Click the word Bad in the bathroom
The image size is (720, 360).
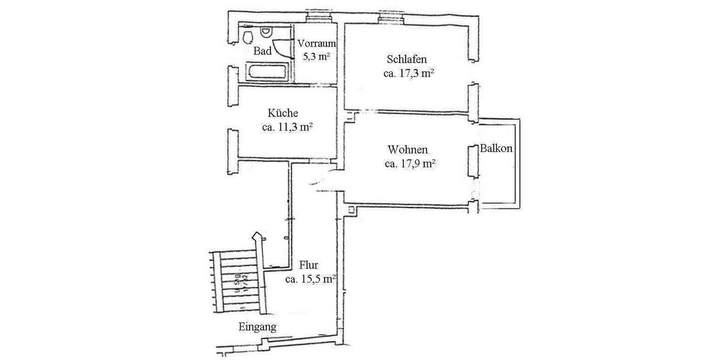click(x=263, y=52)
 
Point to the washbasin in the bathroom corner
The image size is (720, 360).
click(x=248, y=37)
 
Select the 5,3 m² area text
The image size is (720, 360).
click(x=317, y=56)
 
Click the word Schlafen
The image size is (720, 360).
click(x=407, y=60)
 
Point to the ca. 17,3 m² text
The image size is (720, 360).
click(x=408, y=74)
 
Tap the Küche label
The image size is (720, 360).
click(x=283, y=113)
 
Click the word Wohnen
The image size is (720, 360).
click(x=408, y=149)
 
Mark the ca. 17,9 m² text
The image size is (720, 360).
click(x=409, y=163)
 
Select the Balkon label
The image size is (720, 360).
click(x=496, y=148)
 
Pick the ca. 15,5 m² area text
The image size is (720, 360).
click(x=310, y=279)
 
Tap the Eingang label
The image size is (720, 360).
click(x=257, y=327)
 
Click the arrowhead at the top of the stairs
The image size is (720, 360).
click(x=257, y=236)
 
